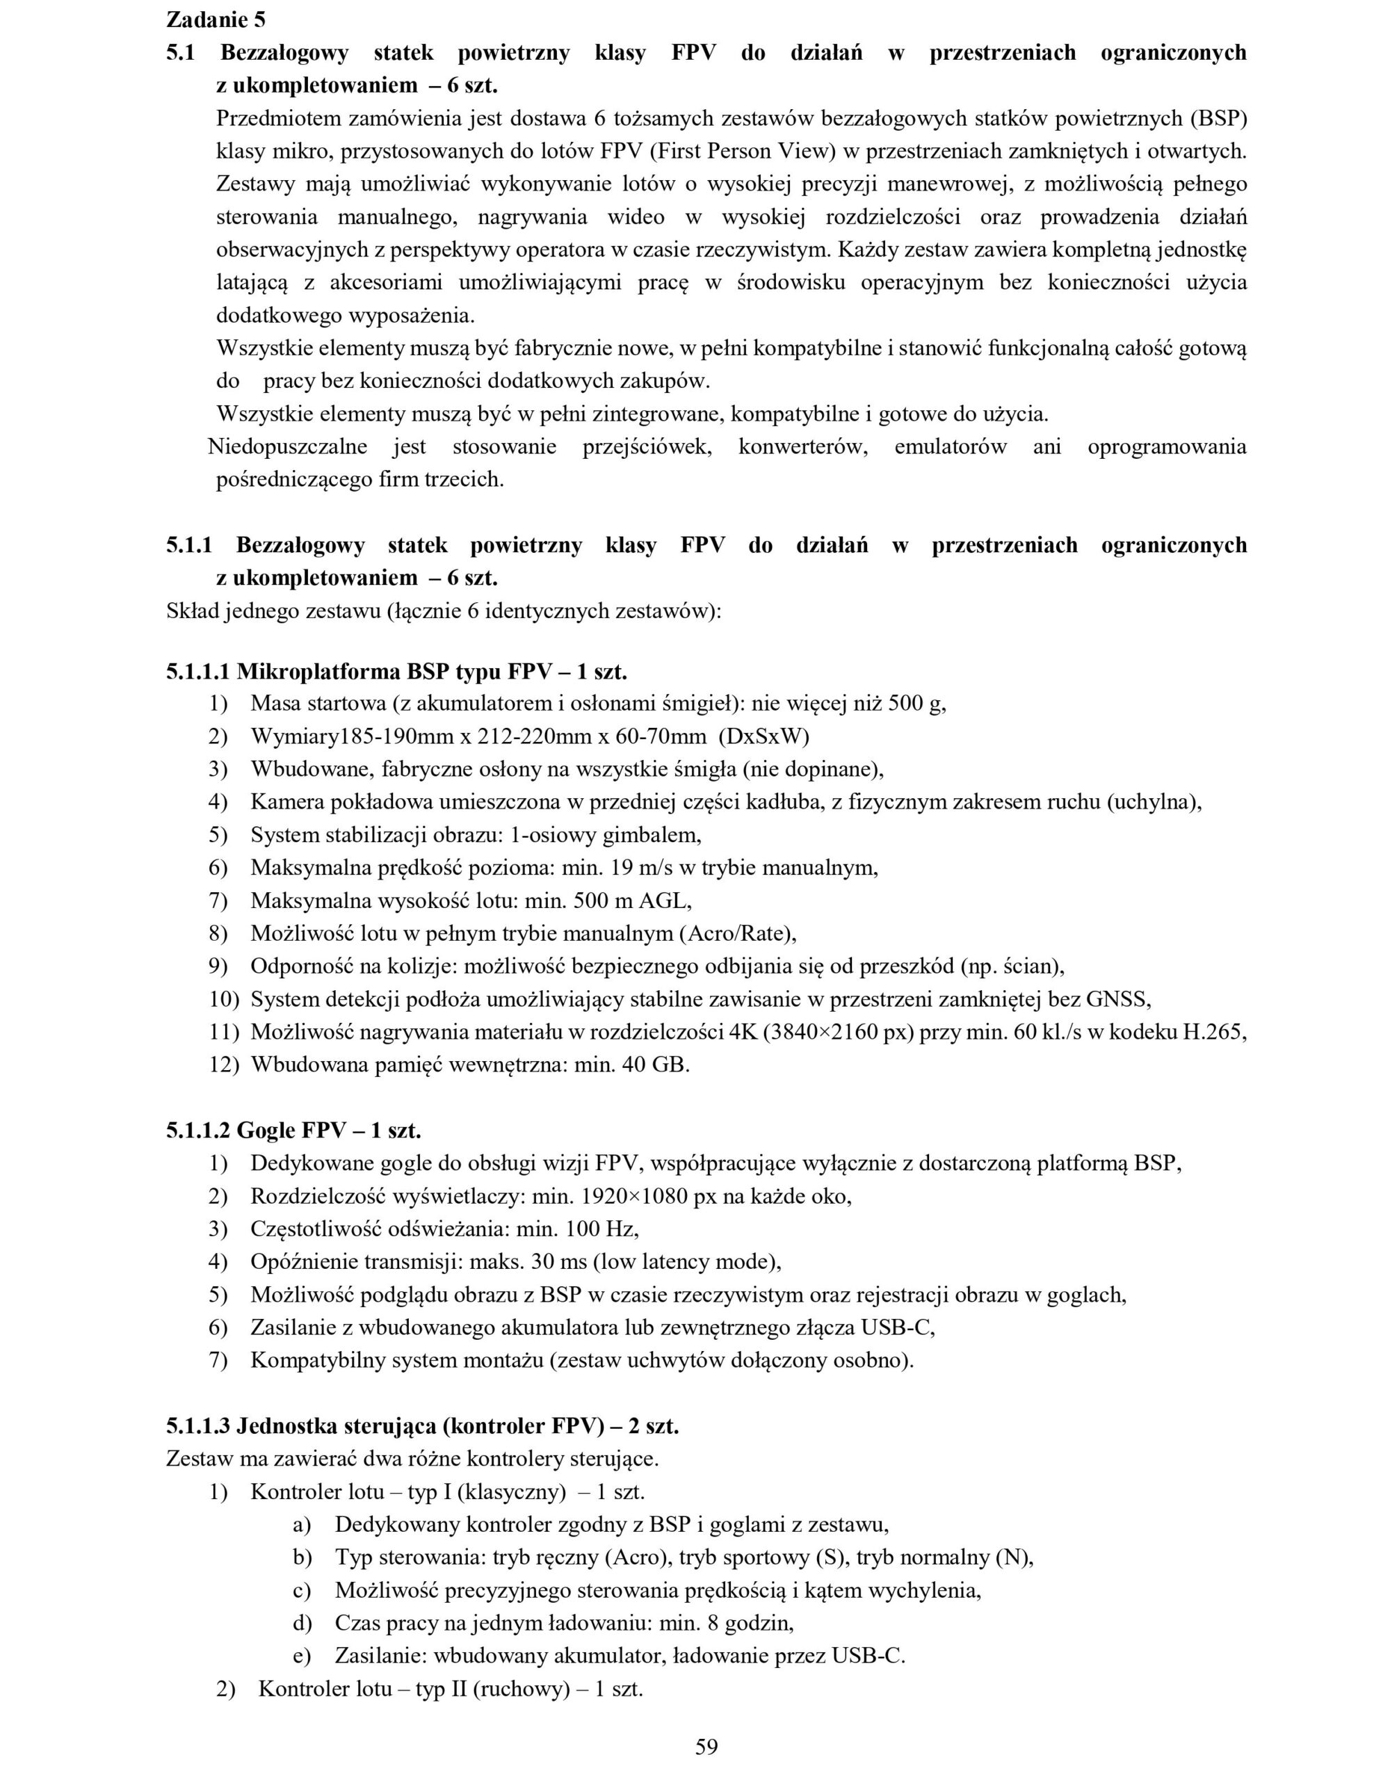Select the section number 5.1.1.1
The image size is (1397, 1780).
(x=199, y=672)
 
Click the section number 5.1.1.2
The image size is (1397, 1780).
(x=199, y=1131)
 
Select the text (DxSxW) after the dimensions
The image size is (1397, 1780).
(x=764, y=737)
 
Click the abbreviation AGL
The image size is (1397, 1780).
(x=665, y=901)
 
